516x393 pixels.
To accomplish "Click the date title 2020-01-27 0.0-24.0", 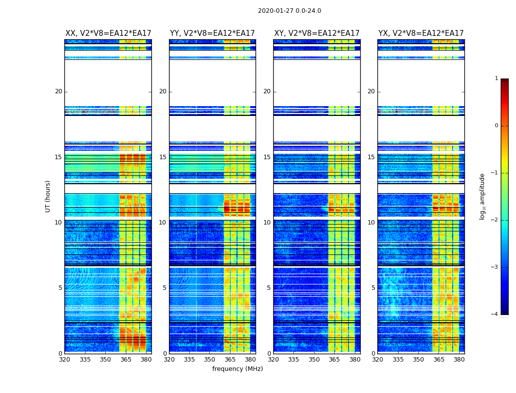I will [289, 11].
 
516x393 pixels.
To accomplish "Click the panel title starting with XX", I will [108, 33].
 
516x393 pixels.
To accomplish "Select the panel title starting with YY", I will [212, 33].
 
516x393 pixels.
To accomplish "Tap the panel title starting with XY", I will [317, 33].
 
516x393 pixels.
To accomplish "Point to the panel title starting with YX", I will [421, 33].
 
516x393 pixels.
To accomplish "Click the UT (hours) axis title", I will [48, 196].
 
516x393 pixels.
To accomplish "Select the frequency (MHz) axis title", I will [237, 369].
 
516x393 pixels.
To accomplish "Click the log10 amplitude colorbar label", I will [483, 196].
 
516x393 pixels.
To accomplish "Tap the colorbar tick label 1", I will [496, 79].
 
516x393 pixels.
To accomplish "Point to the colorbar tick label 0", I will [496, 126].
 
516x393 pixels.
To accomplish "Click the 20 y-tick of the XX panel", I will [58, 91].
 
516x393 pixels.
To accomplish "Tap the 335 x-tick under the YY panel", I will [190, 360].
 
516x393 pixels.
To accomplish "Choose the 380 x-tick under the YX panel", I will [459, 360].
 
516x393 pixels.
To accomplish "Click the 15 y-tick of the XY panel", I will [267, 157].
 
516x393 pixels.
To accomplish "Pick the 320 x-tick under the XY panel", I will [273, 360].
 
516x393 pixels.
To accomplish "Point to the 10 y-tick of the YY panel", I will [163, 223].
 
